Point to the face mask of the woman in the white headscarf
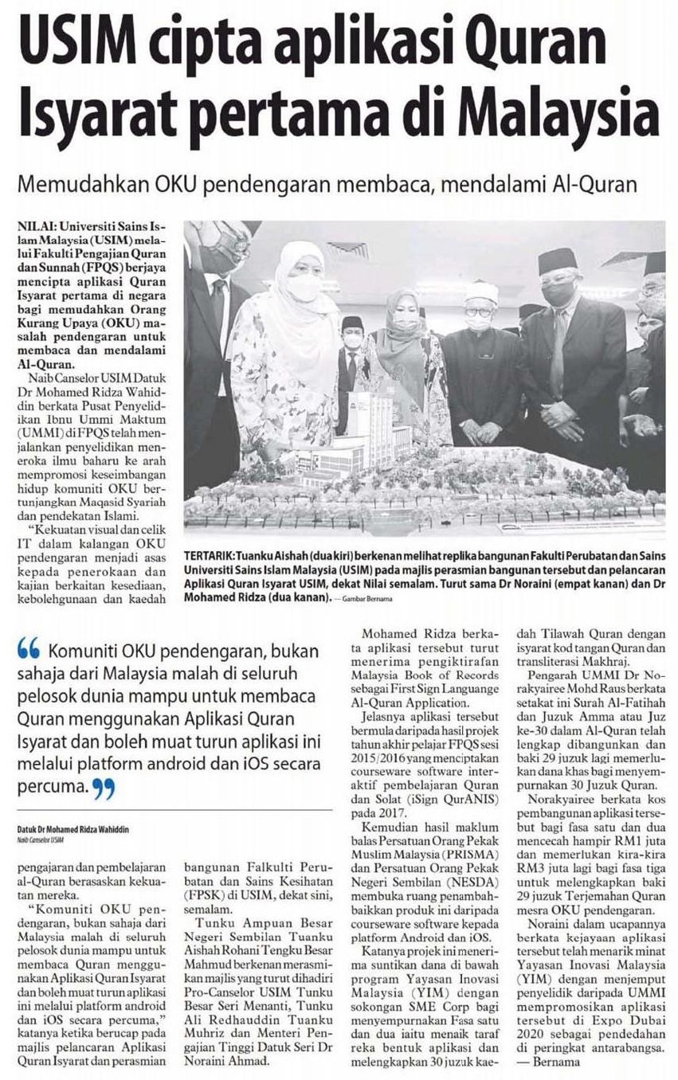[304, 288]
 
